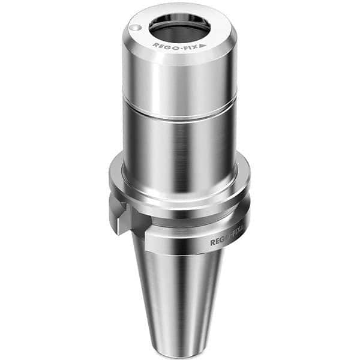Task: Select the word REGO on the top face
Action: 164,45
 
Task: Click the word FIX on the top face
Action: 190,45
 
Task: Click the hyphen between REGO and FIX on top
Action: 178,46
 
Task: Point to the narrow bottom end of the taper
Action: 179,348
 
